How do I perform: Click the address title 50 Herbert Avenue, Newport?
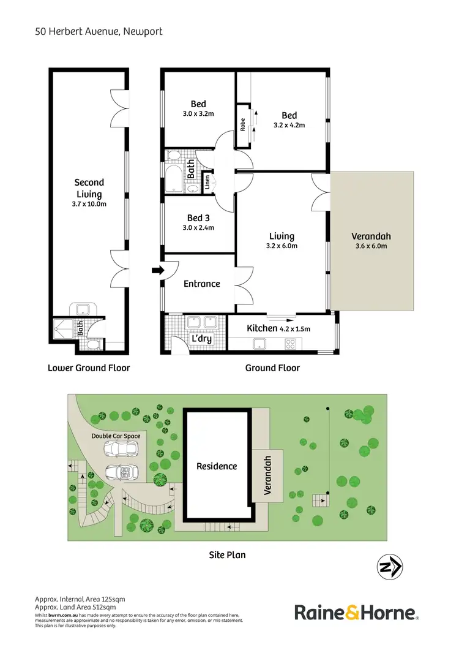coord(99,31)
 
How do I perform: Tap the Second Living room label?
coord(89,187)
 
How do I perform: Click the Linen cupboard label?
coord(207,181)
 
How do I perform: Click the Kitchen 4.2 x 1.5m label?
coord(278,328)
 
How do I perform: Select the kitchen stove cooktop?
coord(290,344)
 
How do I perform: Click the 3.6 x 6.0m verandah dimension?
coord(371,247)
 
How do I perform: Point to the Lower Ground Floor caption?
coord(89,368)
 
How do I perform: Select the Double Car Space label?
coord(116,436)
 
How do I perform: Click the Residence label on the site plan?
coord(216,466)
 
